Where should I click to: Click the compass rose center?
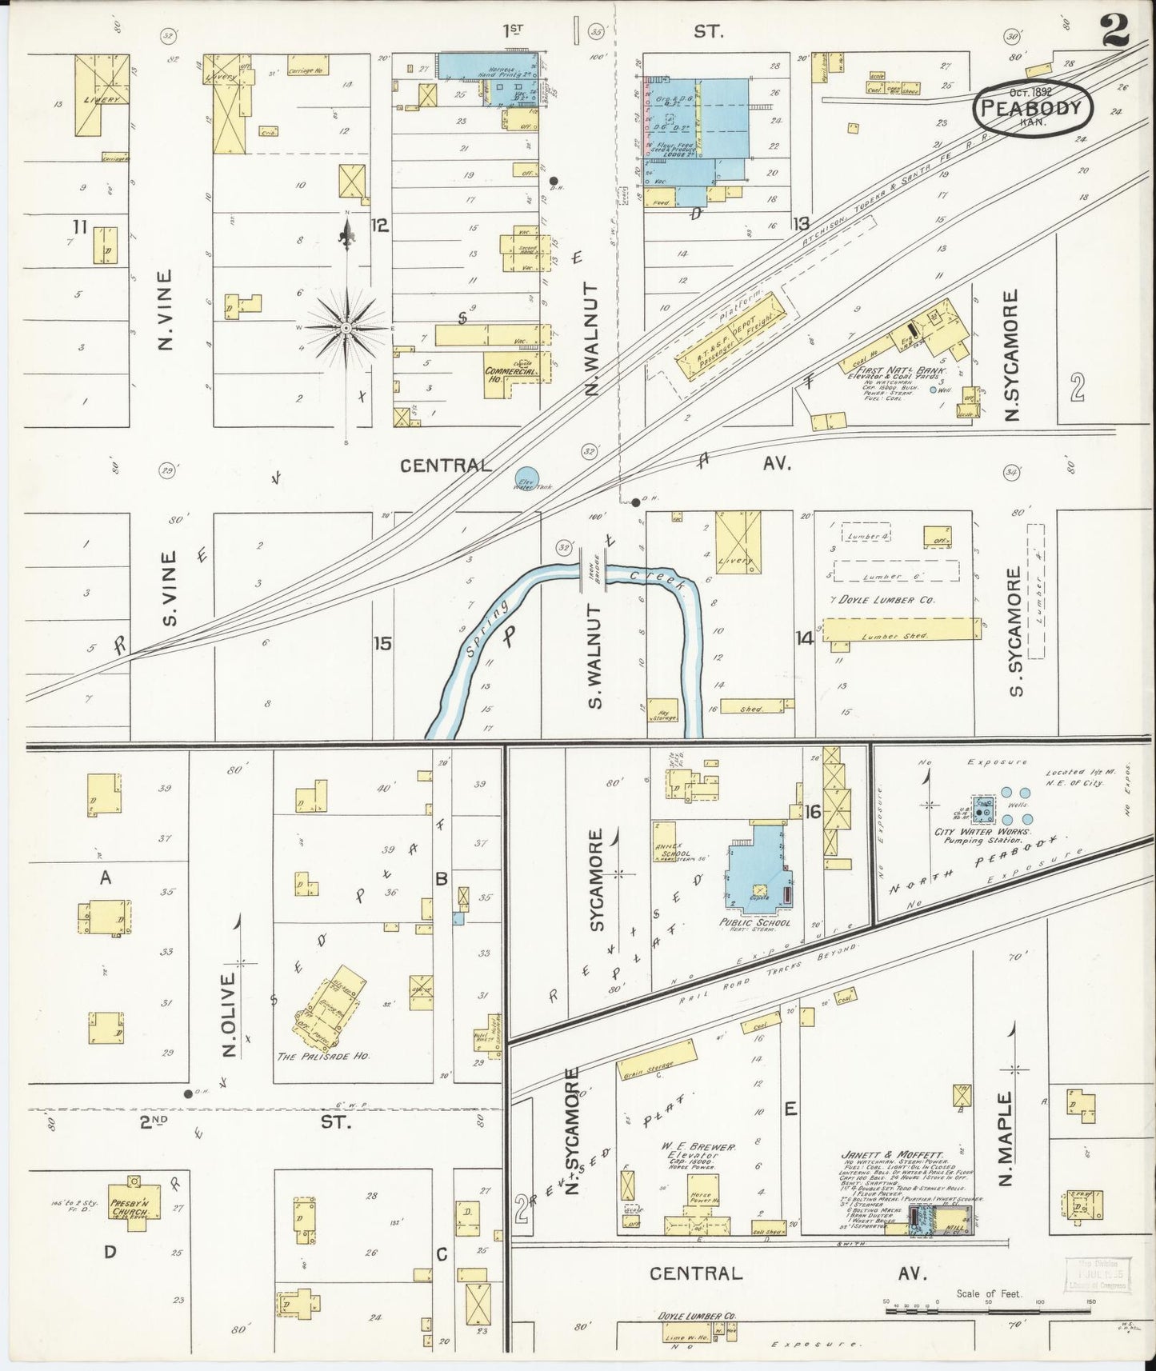[346, 328]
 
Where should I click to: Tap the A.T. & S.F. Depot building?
[729, 336]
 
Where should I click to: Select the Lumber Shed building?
[902, 630]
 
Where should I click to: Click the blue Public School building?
[758, 868]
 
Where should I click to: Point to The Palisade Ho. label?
[322, 1056]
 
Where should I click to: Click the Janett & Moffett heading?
[891, 1155]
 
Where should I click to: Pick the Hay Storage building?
[664, 711]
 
